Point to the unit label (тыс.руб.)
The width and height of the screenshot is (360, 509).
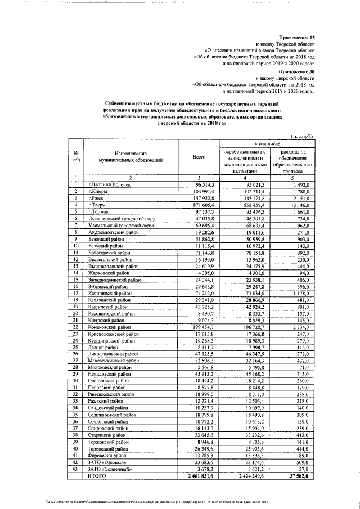[302, 137]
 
